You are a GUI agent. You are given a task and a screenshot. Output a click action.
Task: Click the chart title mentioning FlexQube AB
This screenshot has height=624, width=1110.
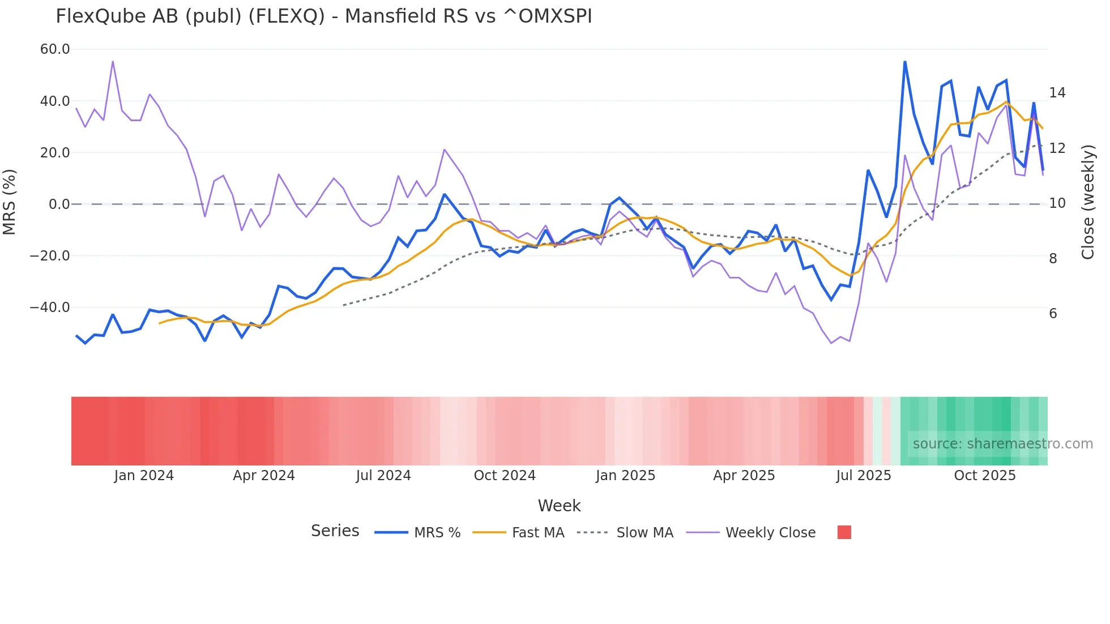[323, 16]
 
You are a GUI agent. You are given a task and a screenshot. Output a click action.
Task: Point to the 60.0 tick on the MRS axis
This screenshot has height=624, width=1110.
[55, 49]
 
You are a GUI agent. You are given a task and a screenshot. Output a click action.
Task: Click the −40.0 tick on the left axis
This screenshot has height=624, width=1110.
[50, 307]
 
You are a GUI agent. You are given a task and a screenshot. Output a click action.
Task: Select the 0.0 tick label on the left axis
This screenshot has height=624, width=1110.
[59, 204]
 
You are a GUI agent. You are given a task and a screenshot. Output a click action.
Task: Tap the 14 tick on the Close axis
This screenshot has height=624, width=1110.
[1057, 93]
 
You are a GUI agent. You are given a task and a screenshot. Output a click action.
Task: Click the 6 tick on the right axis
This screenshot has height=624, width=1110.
[1053, 314]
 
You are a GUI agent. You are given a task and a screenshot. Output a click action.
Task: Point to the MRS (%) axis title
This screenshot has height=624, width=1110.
[10, 202]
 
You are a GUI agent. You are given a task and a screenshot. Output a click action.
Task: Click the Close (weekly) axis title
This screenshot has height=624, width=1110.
[1087, 202]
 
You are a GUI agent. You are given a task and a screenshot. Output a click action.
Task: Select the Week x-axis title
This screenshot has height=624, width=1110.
[559, 506]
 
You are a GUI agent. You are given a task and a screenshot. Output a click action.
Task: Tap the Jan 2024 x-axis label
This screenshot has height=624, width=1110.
[144, 476]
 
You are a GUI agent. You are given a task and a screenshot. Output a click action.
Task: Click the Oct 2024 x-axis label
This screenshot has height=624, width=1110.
[505, 476]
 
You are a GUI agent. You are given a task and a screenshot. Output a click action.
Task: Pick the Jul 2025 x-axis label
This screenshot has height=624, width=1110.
[863, 476]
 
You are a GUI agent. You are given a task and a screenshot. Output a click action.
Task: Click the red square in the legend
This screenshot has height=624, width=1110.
[844, 532]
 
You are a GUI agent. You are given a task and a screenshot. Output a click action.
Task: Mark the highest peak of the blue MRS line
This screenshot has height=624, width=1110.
[904, 62]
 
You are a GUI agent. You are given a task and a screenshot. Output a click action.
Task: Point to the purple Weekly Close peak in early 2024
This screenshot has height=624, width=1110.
[113, 61]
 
